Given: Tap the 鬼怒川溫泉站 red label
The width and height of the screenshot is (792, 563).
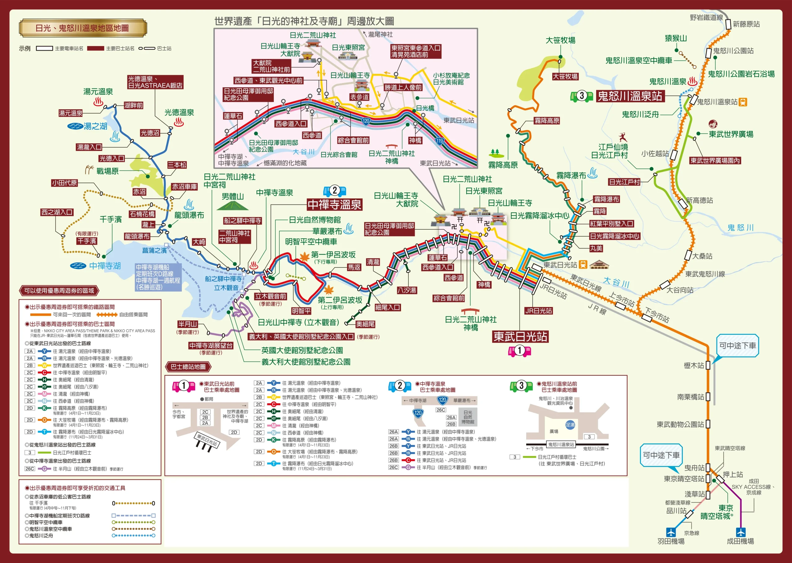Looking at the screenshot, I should (x=630, y=96).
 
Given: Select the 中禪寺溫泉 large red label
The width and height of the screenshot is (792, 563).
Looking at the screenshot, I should (x=334, y=205).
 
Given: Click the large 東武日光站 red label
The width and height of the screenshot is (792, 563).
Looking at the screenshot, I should (x=520, y=336).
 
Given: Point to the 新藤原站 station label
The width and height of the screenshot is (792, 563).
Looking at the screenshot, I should (x=746, y=24).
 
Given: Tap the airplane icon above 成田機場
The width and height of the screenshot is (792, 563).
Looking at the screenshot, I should (x=740, y=532).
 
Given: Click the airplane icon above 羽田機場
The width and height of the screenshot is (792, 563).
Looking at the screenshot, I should (x=671, y=532).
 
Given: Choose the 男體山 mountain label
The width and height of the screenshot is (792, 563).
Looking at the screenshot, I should (x=232, y=197).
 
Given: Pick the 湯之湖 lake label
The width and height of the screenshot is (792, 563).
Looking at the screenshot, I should (x=95, y=126).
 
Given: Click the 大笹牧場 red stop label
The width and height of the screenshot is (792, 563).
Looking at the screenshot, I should (x=565, y=76).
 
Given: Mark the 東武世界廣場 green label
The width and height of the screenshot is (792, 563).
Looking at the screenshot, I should (x=731, y=134).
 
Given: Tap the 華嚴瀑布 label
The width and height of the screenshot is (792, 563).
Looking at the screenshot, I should (x=327, y=231).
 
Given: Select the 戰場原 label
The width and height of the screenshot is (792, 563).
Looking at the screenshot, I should (x=107, y=171).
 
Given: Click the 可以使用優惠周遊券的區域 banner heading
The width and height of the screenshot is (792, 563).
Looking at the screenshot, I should (x=59, y=291).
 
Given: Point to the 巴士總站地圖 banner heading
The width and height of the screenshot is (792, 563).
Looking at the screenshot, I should (x=188, y=367).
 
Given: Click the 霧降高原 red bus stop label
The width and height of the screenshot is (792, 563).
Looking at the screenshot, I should (x=547, y=121).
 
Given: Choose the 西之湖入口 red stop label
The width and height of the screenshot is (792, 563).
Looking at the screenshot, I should (x=57, y=212).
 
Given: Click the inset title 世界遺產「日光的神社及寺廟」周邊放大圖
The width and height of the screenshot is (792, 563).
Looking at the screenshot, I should (x=304, y=21).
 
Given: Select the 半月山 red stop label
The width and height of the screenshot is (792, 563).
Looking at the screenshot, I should (x=187, y=324).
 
